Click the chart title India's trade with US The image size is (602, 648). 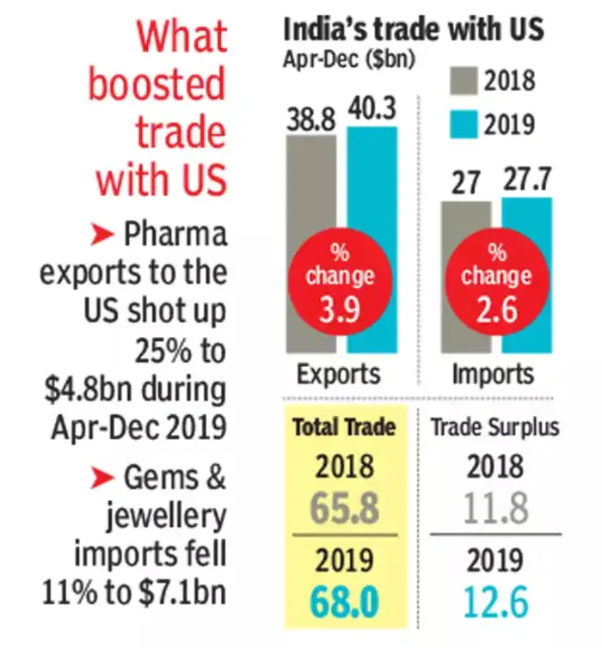tap(414, 30)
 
